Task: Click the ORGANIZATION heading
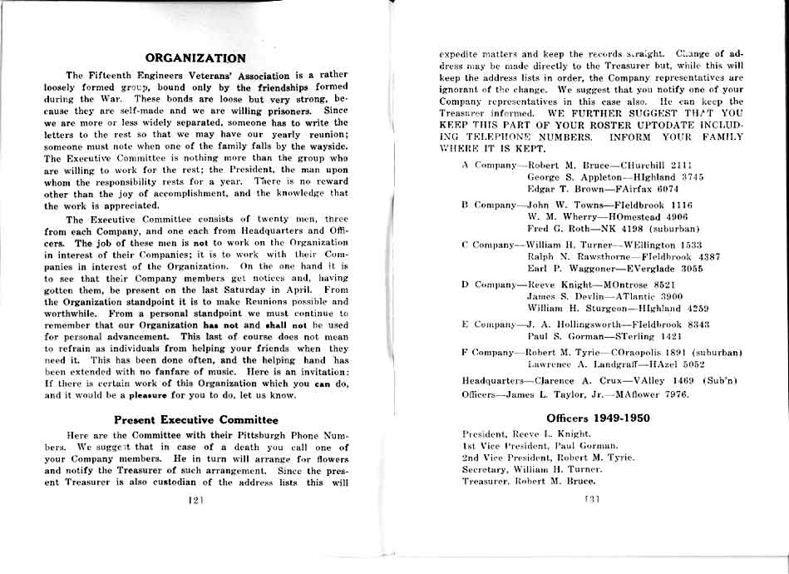click(195, 58)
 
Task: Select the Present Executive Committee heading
click(195, 420)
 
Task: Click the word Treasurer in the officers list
click(485, 481)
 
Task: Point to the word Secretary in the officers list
click(485, 469)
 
